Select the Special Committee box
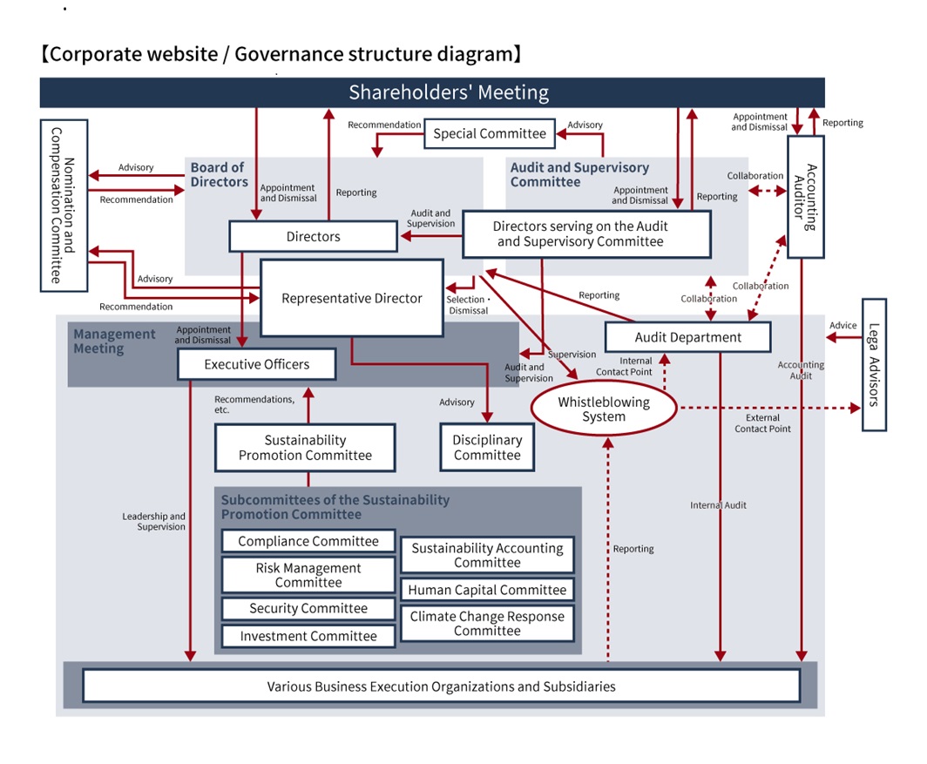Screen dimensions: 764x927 [x=490, y=133]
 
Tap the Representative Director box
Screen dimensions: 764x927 [x=351, y=299]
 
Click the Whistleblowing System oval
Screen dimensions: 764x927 [x=604, y=409]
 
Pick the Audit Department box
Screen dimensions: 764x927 [x=687, y=337]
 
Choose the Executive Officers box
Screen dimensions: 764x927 [x=256, y=364]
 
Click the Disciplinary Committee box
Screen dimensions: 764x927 [x=487, y=448]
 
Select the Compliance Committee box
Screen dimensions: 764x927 [x=308, y=541]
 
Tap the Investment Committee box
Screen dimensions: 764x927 [x=308, y=636]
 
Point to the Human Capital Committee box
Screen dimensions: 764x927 [x=487, y=590]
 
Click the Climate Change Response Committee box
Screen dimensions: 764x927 [x=487, y=623]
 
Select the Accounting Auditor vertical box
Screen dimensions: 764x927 [x=805, y=197]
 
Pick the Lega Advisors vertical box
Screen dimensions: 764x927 [x=874, y=365]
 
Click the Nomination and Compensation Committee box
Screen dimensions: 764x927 [x=64, y=206]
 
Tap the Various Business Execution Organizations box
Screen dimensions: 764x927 [x=441, y=686]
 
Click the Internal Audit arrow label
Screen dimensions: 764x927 [x=718, y=505]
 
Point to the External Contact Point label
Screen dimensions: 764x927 [x=762, y=423]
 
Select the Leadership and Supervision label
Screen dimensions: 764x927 [x=153, y=521]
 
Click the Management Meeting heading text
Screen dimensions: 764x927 [x=114, y=341]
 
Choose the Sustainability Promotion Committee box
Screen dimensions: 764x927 [x=305, y=448]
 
